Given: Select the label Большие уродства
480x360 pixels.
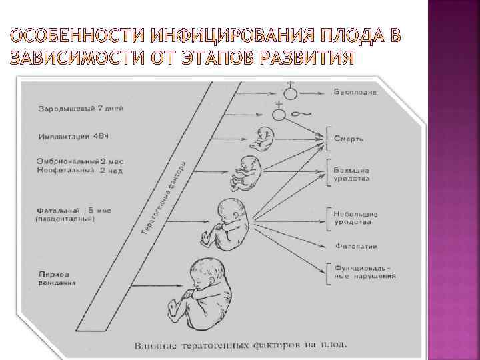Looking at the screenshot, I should point(351,175).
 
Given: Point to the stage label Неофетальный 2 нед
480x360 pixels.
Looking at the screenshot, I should point(73,171).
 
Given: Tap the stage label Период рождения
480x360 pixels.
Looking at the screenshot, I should point(57,277).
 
